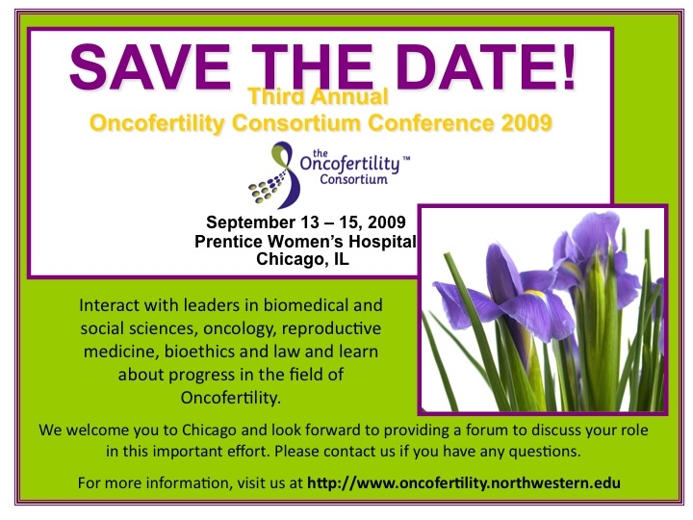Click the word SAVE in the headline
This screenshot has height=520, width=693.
click(150, 66)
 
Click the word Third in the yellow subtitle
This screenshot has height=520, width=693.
click(270, 96)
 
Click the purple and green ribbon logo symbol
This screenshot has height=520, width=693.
click(275, 175)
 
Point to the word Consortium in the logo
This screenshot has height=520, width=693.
click(353, 179)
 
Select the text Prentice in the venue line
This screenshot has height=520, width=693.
click(228, 242)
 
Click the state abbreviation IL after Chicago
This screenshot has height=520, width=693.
click(341, 259)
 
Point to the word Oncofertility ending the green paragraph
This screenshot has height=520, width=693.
click(230, 398)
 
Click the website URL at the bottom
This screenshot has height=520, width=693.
click(464, 482)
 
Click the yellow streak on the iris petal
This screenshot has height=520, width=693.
click(535, 294)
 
